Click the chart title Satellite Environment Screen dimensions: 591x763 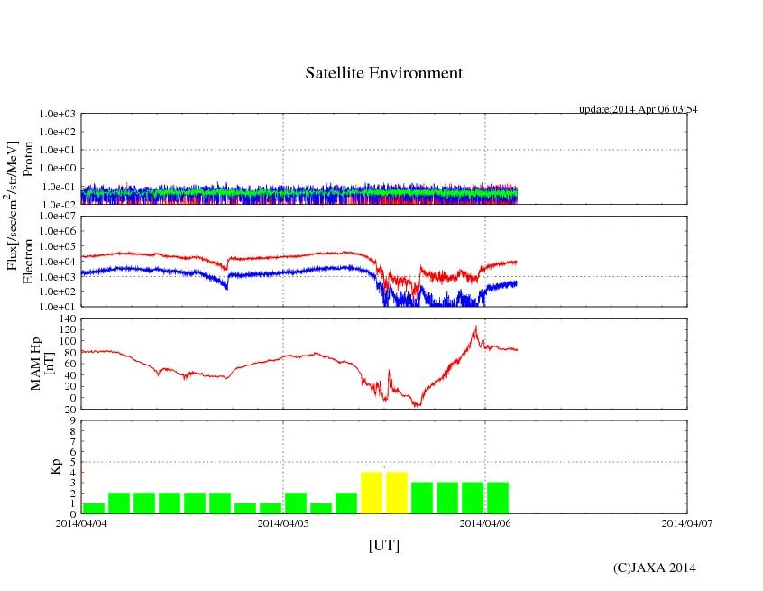383,73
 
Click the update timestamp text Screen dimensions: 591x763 638,109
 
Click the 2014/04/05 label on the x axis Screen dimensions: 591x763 283,522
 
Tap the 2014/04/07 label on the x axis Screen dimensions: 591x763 687,522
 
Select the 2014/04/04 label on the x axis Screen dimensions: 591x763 81,522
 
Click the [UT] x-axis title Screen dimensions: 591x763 383,546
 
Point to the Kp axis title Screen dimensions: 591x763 55,467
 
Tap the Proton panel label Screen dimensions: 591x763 28,159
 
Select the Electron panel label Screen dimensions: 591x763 28,262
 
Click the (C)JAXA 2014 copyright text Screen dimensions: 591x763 654,568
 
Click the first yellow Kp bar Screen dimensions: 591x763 372,493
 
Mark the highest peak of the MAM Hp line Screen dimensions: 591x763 475,326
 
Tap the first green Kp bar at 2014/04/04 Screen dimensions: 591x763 93,508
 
